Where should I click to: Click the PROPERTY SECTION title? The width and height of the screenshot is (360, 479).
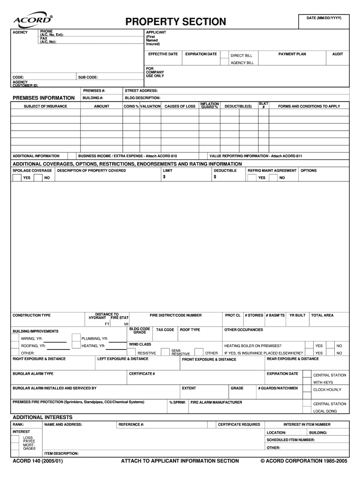coord(175,22)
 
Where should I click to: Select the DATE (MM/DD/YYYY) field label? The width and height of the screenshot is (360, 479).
coord(324,17)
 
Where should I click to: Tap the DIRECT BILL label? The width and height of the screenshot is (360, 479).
coord(241,56)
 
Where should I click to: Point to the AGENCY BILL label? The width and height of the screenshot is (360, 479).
coord(242,63)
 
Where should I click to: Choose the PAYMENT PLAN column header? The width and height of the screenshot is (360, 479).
coord(292,54)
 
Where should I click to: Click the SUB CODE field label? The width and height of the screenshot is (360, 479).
coord(88,77)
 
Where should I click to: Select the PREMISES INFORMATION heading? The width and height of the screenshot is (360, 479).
coord(43,98)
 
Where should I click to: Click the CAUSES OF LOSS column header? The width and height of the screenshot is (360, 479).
coord(180,107)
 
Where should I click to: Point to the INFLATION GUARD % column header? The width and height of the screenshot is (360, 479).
coord(209,106)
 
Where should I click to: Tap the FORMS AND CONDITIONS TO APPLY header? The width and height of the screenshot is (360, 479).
coord(309,107)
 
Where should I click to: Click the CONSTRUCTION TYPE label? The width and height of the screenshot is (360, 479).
coord(31,315)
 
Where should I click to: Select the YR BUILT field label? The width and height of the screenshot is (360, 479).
coord(297,315)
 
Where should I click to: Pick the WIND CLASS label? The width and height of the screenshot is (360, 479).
coord(140,344)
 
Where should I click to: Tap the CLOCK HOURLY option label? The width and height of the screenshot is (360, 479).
coord(327,390)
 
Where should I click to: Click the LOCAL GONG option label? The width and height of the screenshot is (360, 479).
coord(325,411)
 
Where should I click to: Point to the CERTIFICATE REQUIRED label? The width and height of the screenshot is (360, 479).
coord(239,424)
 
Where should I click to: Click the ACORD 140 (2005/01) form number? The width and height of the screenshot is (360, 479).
coord(37,461)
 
